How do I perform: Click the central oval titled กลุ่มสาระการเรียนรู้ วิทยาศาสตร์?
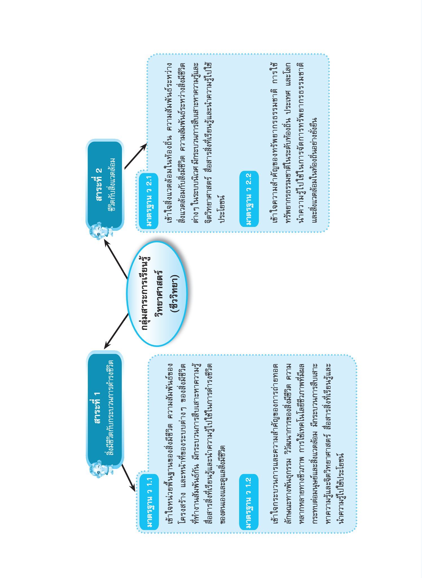coord(157,294)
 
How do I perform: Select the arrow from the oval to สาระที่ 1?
coord(116,331)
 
